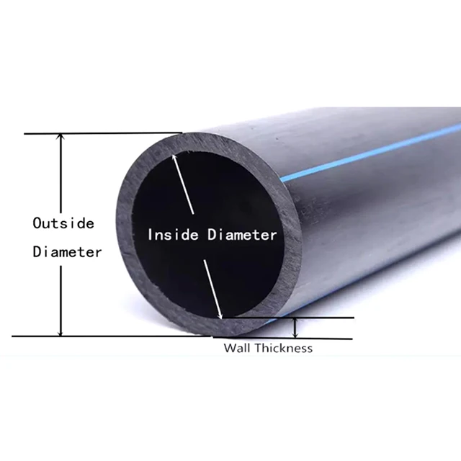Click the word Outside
click(x=63, y=223)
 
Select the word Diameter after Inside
click(x=242, y=235)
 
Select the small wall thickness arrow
click(x=295, y=328)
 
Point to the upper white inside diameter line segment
click(x=184, y=191)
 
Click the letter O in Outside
click(x=37, y=223)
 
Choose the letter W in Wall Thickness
click(x=228, y=348)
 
